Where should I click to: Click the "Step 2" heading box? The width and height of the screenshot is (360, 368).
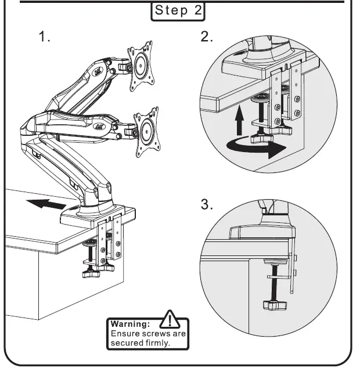coord(178,11)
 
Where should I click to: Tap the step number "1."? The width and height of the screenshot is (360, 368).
coord(45,37)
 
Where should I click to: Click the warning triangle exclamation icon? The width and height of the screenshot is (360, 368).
coord(170,320)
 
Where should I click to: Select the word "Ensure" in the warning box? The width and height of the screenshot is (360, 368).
coord(124,334)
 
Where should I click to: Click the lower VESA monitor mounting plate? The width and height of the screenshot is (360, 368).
coord(146,132)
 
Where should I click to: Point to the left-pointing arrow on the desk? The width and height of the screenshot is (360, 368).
coord(47,203)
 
